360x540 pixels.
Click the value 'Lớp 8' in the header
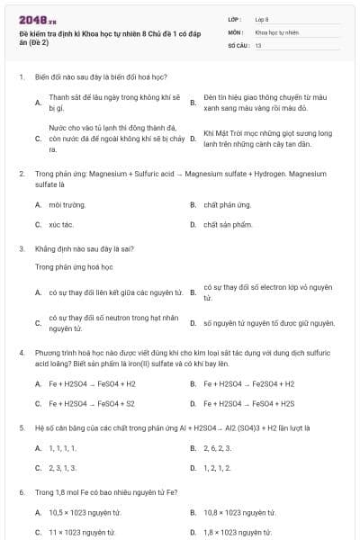(x=262, y=19)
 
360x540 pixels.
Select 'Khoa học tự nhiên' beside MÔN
(x=274, y=31)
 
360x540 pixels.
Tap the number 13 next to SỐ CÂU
(x=258, y=44)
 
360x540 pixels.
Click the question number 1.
(x=21, y=77)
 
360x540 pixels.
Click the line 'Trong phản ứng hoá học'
(x=74, y=267)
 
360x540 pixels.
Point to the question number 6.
(x=21, y=492)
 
